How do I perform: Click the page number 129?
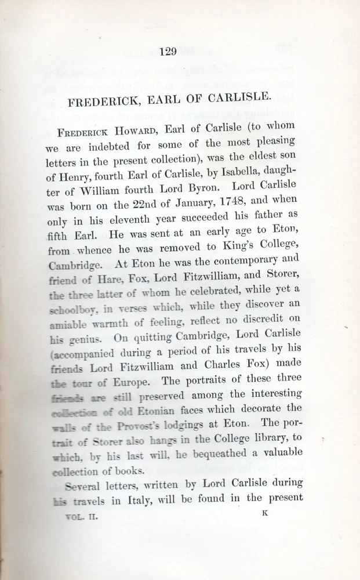pos(167,52)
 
